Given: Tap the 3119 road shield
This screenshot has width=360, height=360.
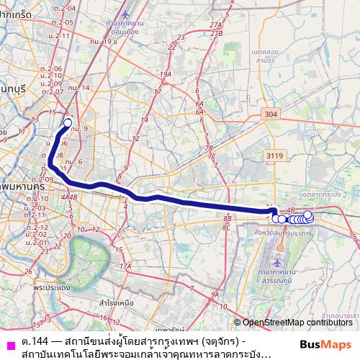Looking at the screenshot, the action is point(273,155).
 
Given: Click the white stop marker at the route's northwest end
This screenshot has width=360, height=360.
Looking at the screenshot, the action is point(68,122).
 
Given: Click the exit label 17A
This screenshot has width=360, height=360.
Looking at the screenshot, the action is point(125,266).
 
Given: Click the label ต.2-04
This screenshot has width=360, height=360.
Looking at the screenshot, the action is point(69,8).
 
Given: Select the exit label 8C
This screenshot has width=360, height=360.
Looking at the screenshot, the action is point(227,227).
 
